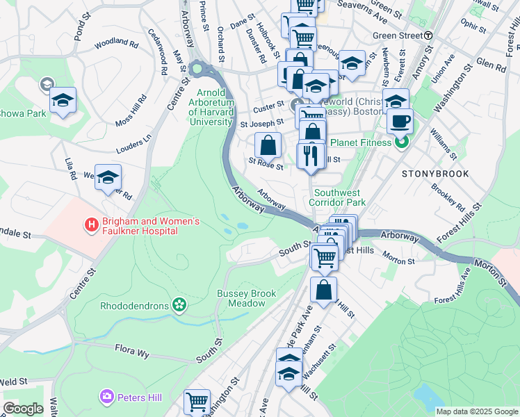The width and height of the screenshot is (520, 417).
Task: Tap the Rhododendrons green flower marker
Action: tap(180, 304)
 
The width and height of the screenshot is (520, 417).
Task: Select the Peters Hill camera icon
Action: tap(107, 396)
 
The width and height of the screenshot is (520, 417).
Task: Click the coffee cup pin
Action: tap(400, 121)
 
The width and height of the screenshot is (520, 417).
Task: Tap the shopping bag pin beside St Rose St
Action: tap(268, 146)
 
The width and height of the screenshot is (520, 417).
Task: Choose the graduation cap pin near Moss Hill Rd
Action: tap(63, 101)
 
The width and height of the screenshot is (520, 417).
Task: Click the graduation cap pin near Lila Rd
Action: tap(108, 177)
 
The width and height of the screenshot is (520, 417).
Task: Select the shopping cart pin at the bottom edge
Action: tap(197, 402)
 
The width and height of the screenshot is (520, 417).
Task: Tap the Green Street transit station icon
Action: tap(429, 35)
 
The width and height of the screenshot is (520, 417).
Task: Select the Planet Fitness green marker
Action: tap(400, 143)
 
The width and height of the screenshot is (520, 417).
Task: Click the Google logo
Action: tap(24, 409)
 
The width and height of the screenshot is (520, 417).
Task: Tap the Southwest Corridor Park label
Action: tap(339, 197)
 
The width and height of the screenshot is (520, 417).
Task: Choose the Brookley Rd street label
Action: tap(448, 197)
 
